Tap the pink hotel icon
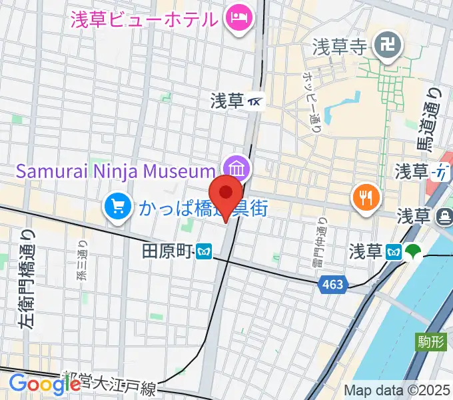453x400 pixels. pos(238,18)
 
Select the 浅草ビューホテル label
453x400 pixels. pos(145,19)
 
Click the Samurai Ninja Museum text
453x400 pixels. pos(117,170)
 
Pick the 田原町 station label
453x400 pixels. pos(167,251)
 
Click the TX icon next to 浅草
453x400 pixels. pos(255,101)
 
